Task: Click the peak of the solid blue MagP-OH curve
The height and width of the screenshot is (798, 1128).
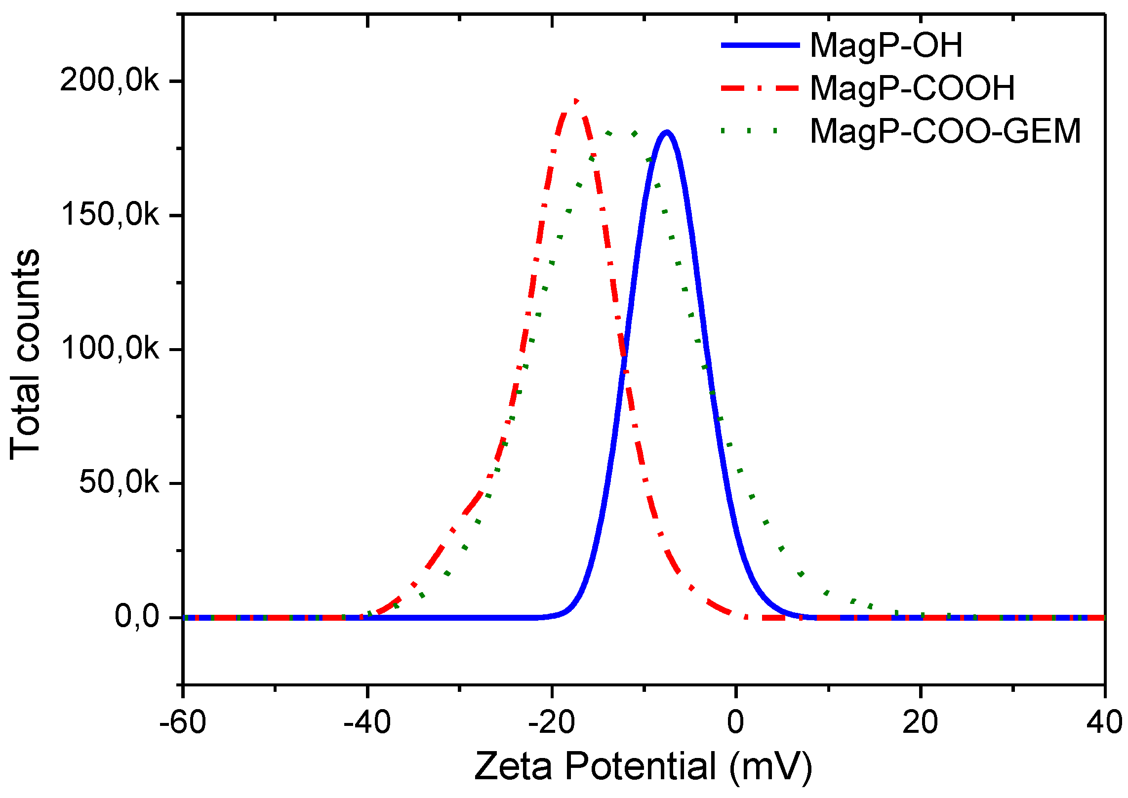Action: pyautogui.click(x=667, y=132)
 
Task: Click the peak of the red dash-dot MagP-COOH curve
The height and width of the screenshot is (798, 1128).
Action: pyautogui.click(x=575, y=101)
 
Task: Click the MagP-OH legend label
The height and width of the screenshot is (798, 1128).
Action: pyautogui.click(x=886, y=45)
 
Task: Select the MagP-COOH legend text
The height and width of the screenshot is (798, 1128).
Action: pyautogui.click(x=912, y=88)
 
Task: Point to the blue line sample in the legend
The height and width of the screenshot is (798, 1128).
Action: pyautogui.click(x=760, y=45)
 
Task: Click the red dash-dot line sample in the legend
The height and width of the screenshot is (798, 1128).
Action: pyautogui.click(x=760, y=88)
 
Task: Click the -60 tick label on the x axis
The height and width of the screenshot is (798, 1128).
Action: pyautogui.click(x=183, y=722)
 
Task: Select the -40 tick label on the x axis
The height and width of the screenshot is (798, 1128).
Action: pyautogui.click(x=367, y=722)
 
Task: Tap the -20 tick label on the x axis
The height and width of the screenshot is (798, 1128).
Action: pyautogui.click(x=552, y=722)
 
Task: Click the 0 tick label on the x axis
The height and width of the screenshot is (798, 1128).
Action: pyautogui.click(x=735, y=722)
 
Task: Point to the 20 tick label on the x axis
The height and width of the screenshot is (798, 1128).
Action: pyautogui.click(x=920, y=722)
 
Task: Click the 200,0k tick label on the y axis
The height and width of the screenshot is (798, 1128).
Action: pyautogui.click(x=110, y=80)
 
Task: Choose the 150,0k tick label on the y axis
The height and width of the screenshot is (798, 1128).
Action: pyautogui.click(x=110, y=215)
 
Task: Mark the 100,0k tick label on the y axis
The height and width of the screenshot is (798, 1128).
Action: pyautogui.click(x=110, y=349)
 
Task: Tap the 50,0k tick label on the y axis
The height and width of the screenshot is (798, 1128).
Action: pyautogui.click(x=119, y=482)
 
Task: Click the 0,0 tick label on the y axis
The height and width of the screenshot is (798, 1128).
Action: pyautogui.click(x=137, y=617)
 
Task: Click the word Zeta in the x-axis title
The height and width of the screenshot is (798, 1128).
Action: pyautogui.click(x=513, y=767)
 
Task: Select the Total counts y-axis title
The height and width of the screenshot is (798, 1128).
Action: pyautogui.click(x=25, y=354)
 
